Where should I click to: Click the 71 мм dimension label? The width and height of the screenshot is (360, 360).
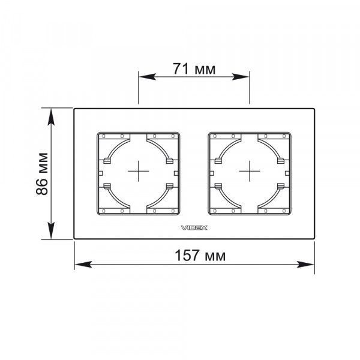pyautogui.click(x=194, y=69)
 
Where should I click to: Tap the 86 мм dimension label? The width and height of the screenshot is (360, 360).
pyautogui.click(x=42, y=174)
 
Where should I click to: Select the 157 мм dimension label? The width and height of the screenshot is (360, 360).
pyautogui.click(x=200, y=256)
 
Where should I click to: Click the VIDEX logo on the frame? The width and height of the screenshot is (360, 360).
pyautogui.click(x=194, y=228)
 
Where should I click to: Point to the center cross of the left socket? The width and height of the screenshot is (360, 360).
pyautogui.click(x=139, y=171)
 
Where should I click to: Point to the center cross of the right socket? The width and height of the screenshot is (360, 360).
pyautogui.click(x=250, y=171)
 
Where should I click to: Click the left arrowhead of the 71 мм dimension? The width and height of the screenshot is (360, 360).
pyautogui.click(x=148, y=77)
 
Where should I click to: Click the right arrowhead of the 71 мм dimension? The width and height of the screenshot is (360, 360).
pyautogui.click(x=241, y=77)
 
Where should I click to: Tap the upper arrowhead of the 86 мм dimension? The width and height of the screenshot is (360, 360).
pyautogui.click(x=51, y=117)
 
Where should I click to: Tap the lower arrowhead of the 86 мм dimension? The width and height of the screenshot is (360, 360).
pyautogui.click(x=51, y=230)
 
